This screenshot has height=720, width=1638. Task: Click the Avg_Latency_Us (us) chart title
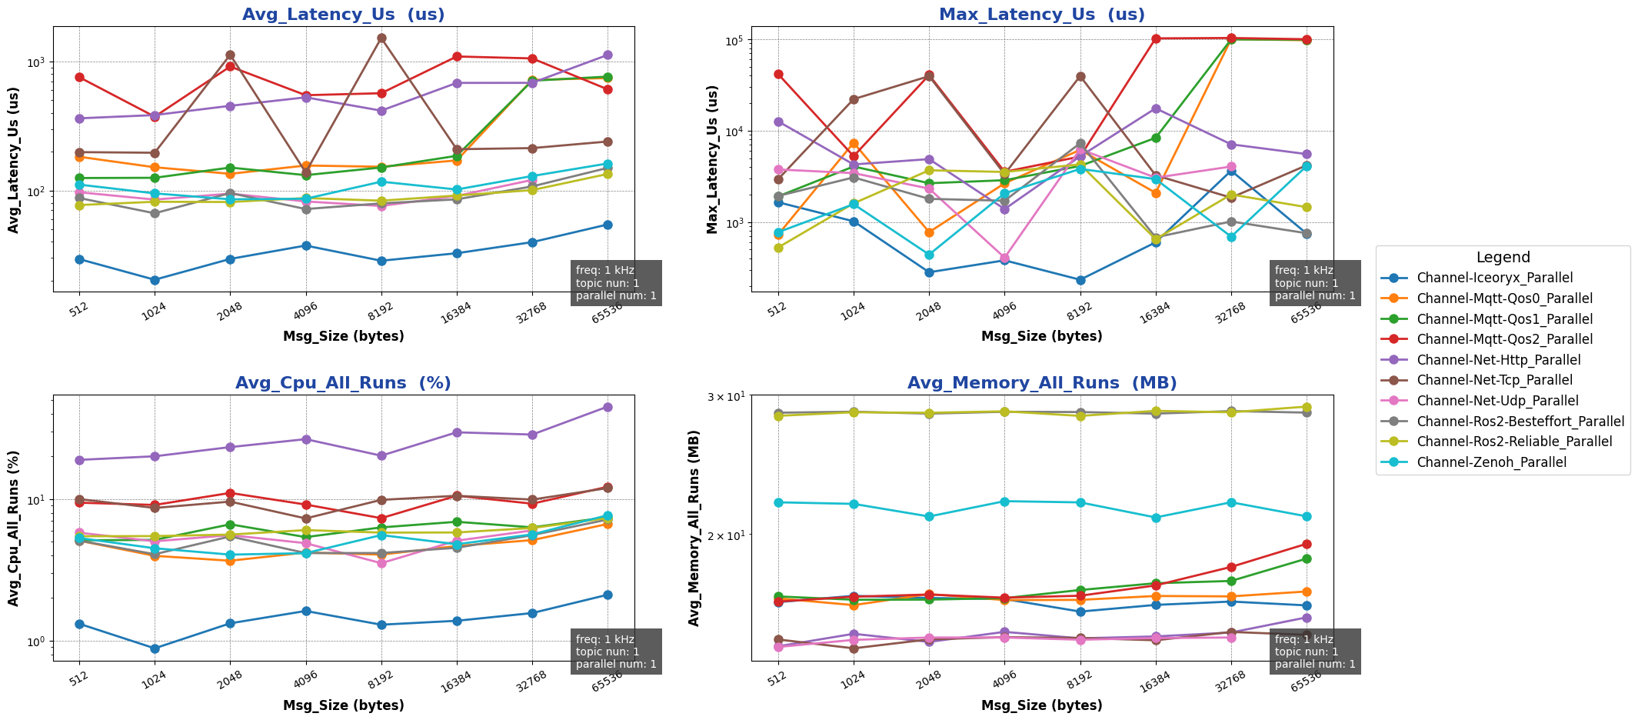343,15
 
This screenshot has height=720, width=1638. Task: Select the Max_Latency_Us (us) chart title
1041,15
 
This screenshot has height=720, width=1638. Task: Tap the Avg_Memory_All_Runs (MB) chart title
1041,383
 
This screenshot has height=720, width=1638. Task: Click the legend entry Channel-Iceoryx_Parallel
1494,278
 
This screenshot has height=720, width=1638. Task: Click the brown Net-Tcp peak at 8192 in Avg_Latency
381,38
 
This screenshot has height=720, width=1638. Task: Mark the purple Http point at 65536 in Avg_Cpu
608,407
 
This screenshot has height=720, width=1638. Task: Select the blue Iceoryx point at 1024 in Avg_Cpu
155,648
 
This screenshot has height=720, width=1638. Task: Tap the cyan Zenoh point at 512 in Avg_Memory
778,502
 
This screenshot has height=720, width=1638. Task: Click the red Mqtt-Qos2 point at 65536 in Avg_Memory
1307,544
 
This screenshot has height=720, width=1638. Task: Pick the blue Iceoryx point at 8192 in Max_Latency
1080,280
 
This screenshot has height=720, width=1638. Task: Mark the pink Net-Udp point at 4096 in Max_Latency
1004,258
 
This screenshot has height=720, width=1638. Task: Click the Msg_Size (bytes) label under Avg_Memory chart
1041,705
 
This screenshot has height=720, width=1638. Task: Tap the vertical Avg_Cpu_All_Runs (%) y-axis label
14,528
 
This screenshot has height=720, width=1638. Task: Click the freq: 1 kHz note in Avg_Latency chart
604,270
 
